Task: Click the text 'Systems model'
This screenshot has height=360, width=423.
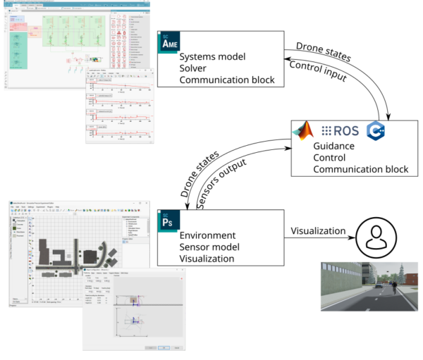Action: pos(210,57)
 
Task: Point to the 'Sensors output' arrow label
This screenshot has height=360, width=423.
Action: pos(226,180)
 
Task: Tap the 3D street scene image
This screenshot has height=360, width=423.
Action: pos(369,286)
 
